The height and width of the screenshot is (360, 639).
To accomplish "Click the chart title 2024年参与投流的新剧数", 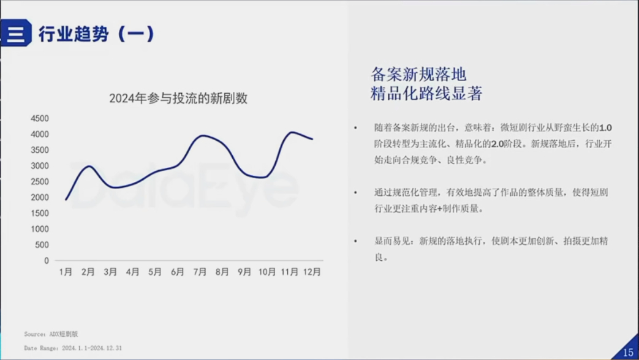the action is pos(178,98).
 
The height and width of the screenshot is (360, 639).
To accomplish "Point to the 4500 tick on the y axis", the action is pos(40,119).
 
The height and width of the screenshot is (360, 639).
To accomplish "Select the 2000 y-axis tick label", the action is pos(40,198).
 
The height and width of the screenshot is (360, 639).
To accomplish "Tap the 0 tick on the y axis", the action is pos(47,261).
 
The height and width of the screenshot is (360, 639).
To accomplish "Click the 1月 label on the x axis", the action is pos(66,272).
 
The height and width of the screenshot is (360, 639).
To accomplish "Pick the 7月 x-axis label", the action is pos(200,272).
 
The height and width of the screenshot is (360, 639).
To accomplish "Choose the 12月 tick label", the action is pos(312,272).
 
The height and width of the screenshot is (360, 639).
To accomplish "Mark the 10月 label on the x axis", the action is pos(267,272).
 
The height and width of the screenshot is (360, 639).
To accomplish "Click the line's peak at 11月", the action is pos(292,132).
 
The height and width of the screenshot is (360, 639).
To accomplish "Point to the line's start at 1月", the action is pos(66,200).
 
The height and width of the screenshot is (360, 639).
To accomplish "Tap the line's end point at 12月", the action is pos(312,139).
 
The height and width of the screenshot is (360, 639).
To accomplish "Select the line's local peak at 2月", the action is pos(88,166).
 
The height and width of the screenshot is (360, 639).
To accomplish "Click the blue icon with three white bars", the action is pos(16,33).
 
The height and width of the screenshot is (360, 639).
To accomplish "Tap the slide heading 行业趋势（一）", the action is pos(97,34).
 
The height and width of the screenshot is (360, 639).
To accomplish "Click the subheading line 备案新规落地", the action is pos(418,75).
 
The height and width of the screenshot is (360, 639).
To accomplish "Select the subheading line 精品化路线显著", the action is pos(426,93).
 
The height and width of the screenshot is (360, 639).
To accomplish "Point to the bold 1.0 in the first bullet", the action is pos(605,128).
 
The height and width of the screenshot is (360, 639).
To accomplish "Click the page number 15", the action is pos(628,352).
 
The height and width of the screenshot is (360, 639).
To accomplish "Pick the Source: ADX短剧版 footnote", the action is pos(51,334).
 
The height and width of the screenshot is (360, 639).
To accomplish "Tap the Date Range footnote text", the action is pos(73,348).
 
